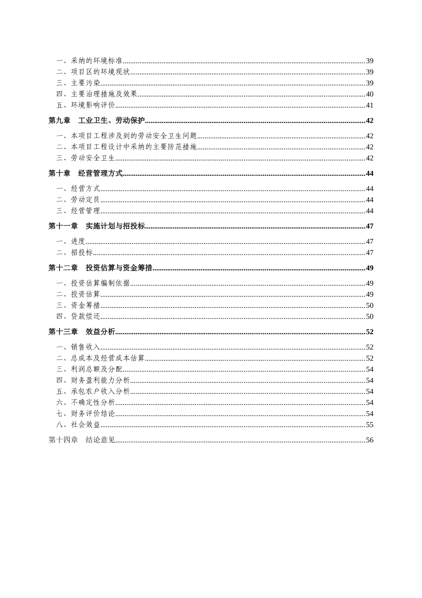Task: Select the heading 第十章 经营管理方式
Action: (85, 174)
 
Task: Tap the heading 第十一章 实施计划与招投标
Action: (96, 226)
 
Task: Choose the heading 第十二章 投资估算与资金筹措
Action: (100, 268)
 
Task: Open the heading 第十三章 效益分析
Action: (82, 331)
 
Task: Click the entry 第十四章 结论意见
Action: (82, 440)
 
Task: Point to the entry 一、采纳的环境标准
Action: (89, 61)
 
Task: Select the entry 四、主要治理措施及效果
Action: (96, 94)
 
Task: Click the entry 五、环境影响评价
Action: (85, 105)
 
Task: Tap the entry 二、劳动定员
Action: (78, 200)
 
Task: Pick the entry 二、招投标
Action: (75, 253)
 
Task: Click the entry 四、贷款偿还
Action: (78, 316)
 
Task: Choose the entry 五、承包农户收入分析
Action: (93, 392)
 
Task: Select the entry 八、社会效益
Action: (78, 425)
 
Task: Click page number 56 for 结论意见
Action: (370, 440)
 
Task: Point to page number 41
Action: (370, 105)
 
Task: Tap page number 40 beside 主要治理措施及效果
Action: (370, 94)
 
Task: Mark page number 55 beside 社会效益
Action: (370, 425)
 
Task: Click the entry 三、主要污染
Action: (78, 83)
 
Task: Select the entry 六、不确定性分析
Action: (85, 403)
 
